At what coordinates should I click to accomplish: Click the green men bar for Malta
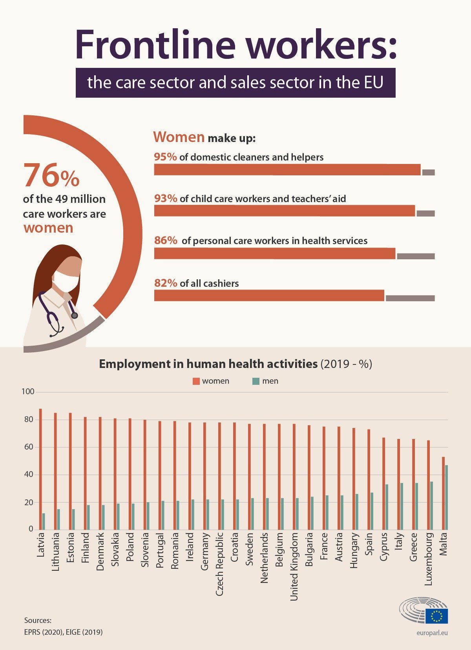point(446,497)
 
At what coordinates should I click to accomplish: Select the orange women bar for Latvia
point(40,469)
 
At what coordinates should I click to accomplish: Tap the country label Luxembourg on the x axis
point(429,559)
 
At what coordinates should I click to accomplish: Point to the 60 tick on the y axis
point(28,447)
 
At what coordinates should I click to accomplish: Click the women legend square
point(196,381)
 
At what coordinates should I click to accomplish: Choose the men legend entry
point(265,381)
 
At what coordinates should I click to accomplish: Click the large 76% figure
point(51,175)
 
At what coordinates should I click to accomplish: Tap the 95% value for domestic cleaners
point(165,157)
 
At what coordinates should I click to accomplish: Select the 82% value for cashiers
point(166,283)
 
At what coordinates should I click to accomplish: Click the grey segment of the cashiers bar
point(410,298)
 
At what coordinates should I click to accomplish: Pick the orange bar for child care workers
point(285,211)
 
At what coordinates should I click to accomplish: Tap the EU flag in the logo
point(436,616)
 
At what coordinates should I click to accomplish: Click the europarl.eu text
point(432,633)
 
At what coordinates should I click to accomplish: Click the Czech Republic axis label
point(219,564)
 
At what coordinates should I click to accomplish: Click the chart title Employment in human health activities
point(208,364)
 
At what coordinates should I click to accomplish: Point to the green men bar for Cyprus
point(387,507)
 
